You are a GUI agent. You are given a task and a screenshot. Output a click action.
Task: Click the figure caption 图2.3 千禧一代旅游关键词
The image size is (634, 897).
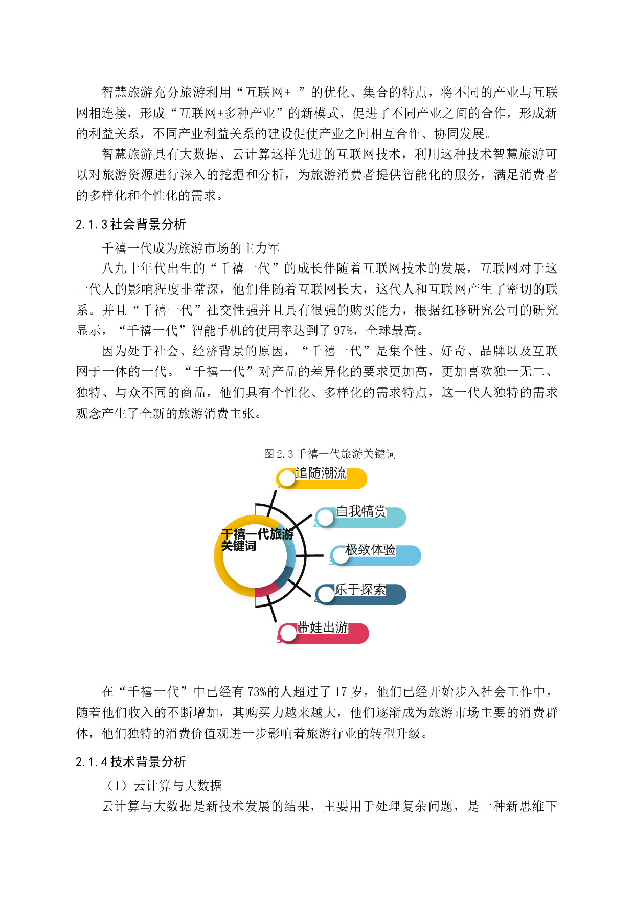(x=330, y=453)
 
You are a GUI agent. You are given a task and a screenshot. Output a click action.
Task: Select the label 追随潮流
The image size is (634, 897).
(x=321, y=473)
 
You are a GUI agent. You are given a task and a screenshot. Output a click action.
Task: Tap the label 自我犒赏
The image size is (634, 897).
(x=361, y=511)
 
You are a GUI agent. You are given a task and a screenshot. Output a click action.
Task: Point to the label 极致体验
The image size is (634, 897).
(x=371, y=550)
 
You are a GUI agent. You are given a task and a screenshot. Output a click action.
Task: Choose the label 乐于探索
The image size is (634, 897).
(x=360, y=589)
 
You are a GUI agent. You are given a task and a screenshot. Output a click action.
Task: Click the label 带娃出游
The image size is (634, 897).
(x=323, y=627)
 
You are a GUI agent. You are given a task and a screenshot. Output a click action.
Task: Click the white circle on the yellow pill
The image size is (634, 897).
(x=287, y=479)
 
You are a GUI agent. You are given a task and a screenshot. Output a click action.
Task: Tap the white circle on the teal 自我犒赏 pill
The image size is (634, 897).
(x=325, y=518)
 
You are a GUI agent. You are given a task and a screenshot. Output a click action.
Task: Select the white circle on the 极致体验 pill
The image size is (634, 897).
(x=340, y=556)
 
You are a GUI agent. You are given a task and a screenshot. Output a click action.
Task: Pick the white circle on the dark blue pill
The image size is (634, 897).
(x=326, y=594)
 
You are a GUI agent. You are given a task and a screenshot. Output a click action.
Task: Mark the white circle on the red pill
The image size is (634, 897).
(x=288, y=633)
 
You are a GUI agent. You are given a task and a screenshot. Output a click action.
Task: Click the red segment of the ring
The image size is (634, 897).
(x=266, y=591)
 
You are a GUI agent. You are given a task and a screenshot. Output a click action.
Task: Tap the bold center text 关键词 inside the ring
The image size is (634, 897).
(x=238, y=546)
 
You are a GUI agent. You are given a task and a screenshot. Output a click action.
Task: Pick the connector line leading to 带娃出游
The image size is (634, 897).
(x=273, y=610)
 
